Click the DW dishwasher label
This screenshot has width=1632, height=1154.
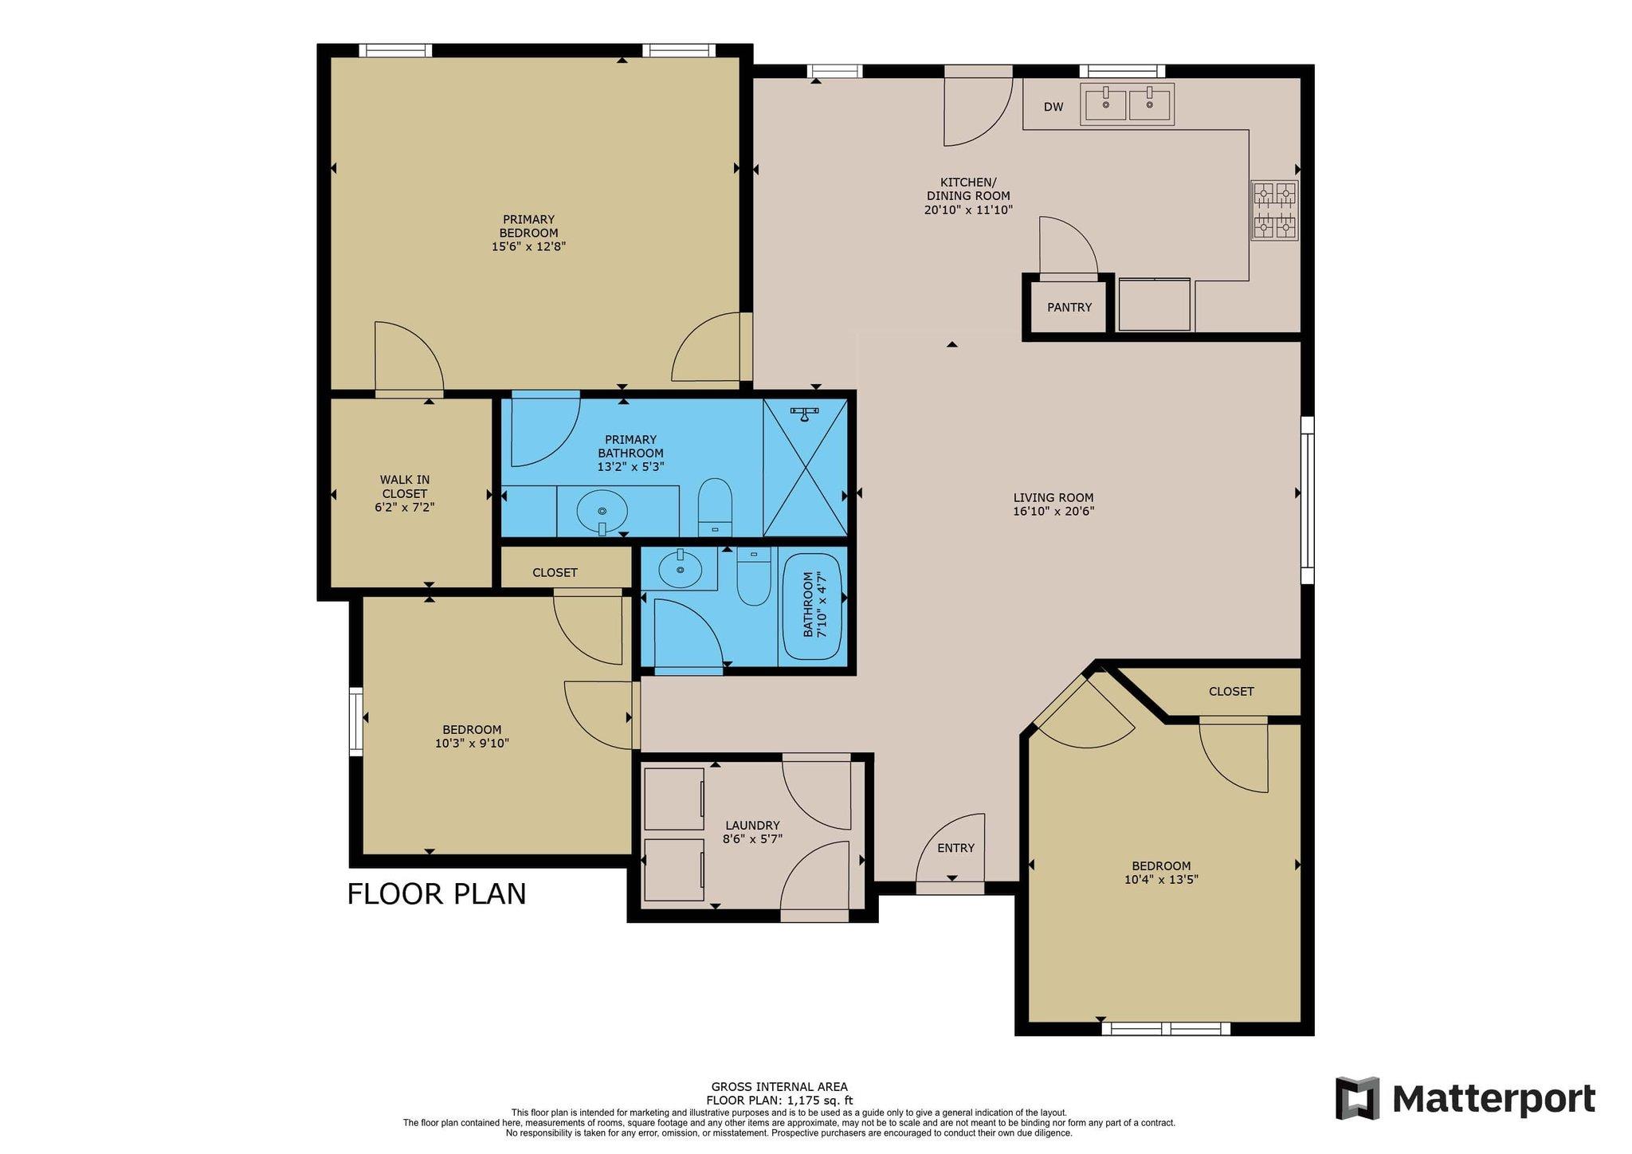tap(1053, 107)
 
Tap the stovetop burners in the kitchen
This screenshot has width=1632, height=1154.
tap(1274, 210)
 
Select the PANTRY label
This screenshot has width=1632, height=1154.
tap(1069, 307)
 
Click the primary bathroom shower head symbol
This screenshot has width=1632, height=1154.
tap(804, 413)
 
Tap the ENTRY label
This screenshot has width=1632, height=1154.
tap(955, 848)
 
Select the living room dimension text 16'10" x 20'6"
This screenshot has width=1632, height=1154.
tap(1053, 512)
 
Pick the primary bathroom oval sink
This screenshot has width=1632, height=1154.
tap(602, 508)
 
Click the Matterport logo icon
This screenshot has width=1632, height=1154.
tap(1357, 1098)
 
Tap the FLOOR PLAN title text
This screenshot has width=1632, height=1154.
tap(437, 893)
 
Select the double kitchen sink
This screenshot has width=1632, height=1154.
tap(1127, 104)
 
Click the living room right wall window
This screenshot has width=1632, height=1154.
tap(1307, 500)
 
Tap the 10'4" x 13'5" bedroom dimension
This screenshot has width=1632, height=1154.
tap(1161, 880)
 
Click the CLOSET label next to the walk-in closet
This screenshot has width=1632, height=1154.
tap(555, 572)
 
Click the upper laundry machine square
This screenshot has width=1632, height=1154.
tap(673, 799)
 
